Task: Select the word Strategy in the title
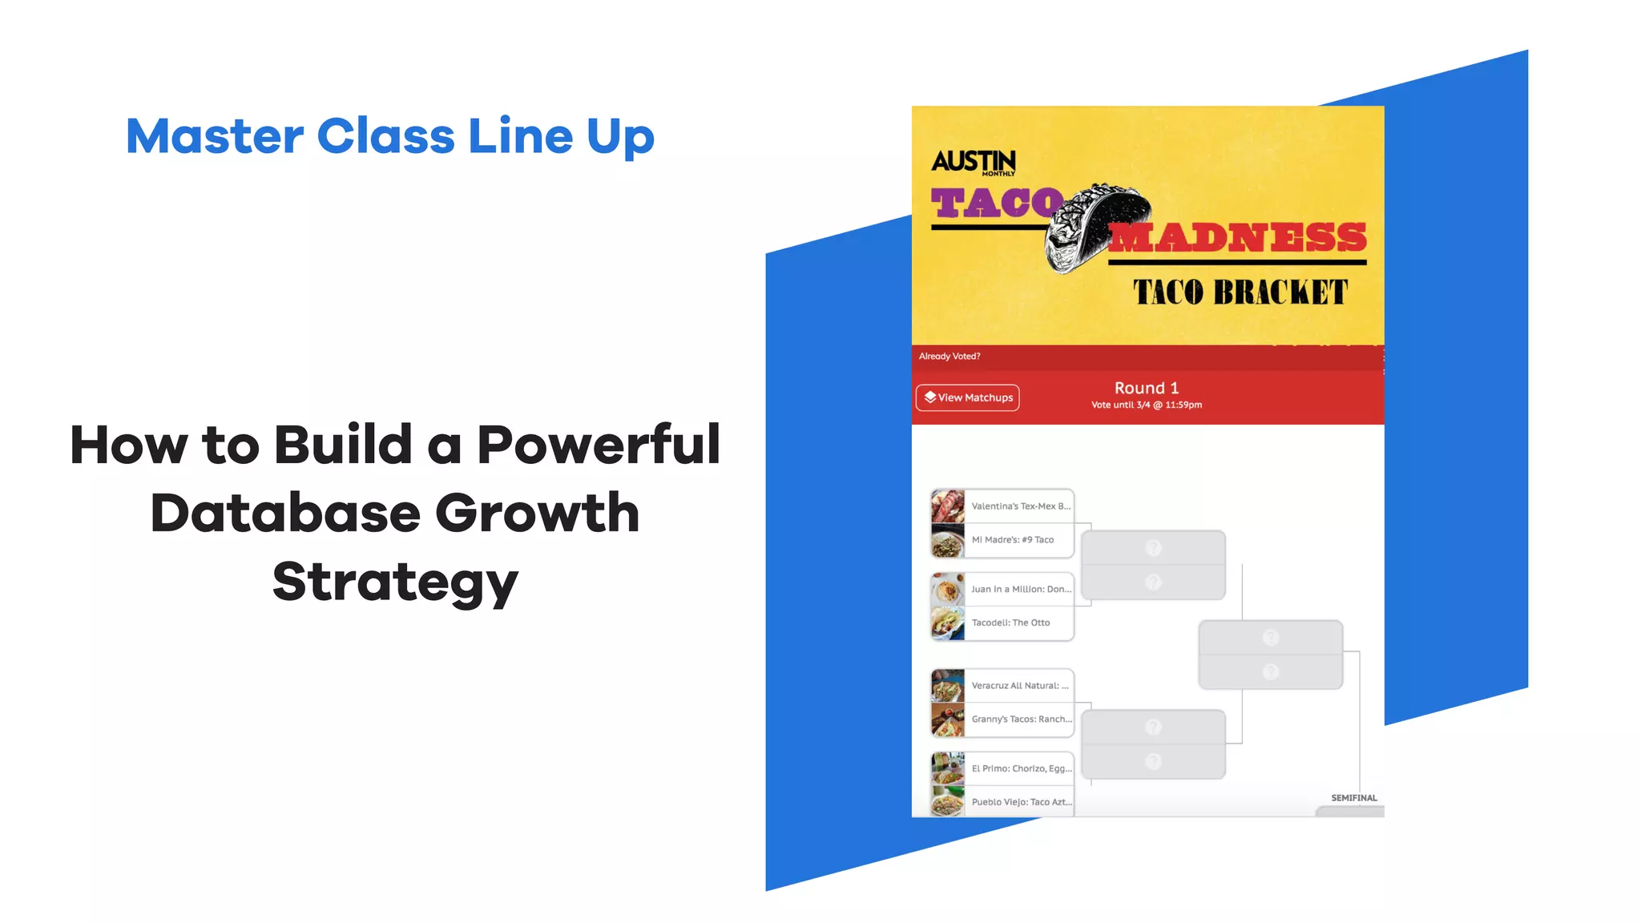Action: tap(395, 582)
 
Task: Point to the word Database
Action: tap(284, 513)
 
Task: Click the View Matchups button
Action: tap(968, 397)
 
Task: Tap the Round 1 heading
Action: tap(1147, 388)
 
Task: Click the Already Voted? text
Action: tap(950, 357)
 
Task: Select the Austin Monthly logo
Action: tap(974, 162)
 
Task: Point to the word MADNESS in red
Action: tap(1238, 238)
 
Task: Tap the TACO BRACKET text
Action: tap(1240, 292)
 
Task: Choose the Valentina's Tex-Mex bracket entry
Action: tap(1020, 506)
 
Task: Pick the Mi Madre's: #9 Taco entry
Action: tap(1012, 540)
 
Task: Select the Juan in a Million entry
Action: tap(1020, 589)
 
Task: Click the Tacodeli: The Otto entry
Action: tap(1010, 623)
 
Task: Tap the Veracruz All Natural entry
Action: tap(1019, 686)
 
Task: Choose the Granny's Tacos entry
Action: tap(1021, 719)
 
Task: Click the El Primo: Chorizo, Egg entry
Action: tap(1021, 768)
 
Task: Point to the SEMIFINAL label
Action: tap(1354, 798)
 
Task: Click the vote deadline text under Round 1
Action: tap(1147, 405)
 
